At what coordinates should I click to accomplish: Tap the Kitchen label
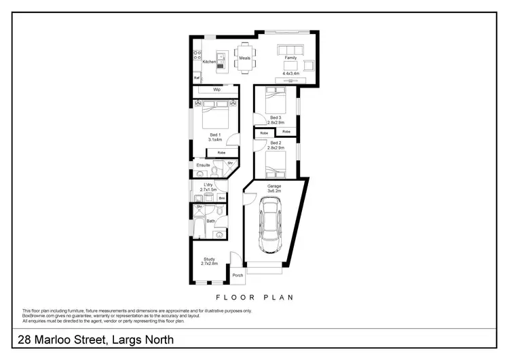209,62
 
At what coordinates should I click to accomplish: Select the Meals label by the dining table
245,58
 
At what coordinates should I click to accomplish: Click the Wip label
217,90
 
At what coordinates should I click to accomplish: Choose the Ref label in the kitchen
196,77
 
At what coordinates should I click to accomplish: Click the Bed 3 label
276,118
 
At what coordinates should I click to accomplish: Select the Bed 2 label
276,143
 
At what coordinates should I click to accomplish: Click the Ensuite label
204,165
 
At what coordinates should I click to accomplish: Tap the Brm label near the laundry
221,198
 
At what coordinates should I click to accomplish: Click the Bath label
211,221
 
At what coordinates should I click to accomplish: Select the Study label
209,259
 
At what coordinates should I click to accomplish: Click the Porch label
238,275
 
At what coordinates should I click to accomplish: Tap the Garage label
274,185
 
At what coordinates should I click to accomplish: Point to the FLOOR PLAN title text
254,297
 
